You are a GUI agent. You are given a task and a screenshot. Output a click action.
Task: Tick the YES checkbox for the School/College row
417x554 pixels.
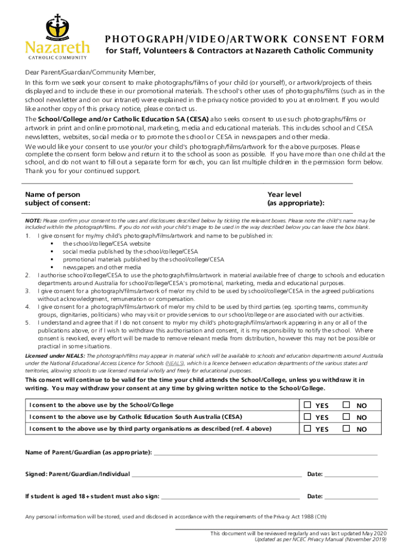point(308,405)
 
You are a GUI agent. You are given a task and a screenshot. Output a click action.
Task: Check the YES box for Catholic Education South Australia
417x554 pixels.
point(308,417)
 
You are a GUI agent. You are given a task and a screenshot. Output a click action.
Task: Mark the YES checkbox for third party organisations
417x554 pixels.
point(308,428)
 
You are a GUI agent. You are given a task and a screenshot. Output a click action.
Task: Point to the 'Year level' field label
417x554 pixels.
point(284,195)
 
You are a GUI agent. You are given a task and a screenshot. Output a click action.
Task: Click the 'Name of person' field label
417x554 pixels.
point(53,195)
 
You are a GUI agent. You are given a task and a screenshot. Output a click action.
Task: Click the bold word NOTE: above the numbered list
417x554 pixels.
point(33,221)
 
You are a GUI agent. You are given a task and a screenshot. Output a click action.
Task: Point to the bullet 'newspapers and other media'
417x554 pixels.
point(102,267)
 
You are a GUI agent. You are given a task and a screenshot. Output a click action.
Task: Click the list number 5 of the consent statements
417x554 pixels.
point(28,322)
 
